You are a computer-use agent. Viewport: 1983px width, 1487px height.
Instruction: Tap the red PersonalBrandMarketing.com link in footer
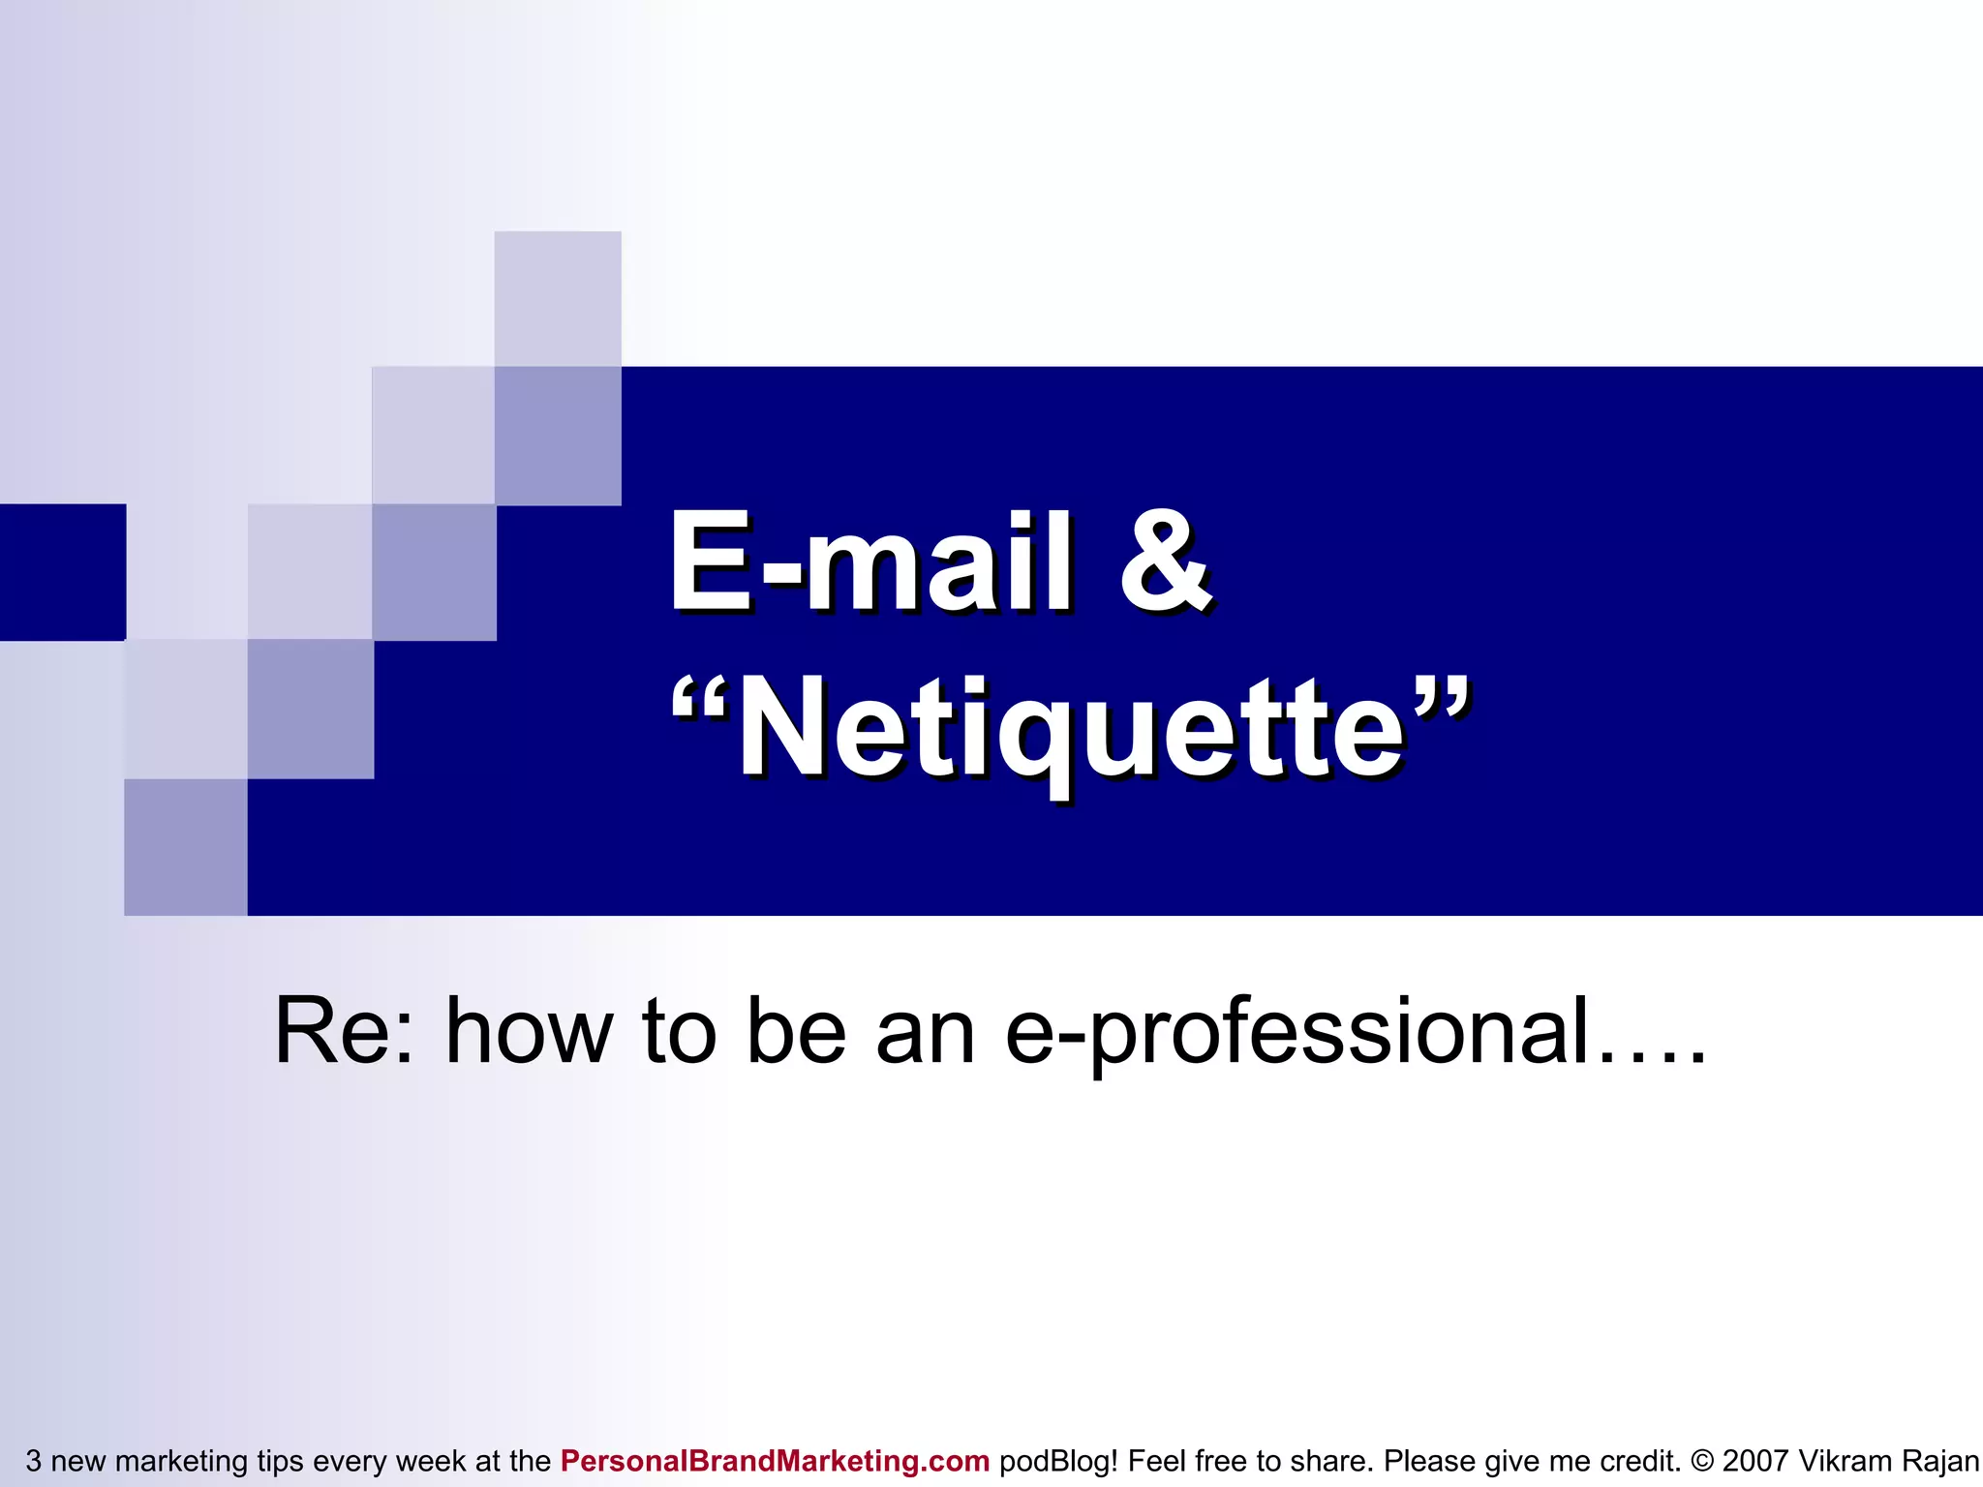775,1461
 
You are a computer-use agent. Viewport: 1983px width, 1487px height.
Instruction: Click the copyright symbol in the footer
1702,1461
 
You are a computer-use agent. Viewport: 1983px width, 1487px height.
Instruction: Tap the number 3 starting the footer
33,1461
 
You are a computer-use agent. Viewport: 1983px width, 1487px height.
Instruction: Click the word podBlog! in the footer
1058,1461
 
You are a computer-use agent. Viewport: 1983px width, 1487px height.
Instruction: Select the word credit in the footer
1640,1461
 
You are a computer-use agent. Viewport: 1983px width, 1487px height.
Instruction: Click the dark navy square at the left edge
62,572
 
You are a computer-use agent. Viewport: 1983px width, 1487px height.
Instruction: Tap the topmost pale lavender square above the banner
558,298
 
